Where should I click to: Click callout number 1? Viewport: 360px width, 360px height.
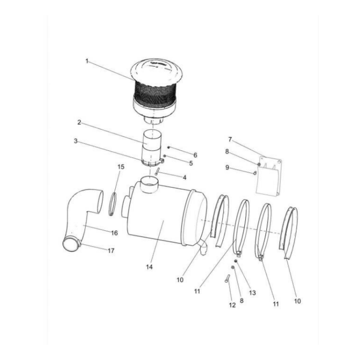[87, 61]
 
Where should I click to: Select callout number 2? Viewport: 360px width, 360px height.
[79, 122]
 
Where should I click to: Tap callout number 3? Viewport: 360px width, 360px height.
[75, 141]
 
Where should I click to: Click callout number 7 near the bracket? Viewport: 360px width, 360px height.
[230, 139]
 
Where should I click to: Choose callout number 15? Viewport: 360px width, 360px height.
[121, 167]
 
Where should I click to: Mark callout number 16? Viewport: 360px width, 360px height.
[114, 233]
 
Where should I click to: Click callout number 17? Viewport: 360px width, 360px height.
[111, 251]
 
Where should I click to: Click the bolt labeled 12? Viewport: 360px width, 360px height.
[226, 278]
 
